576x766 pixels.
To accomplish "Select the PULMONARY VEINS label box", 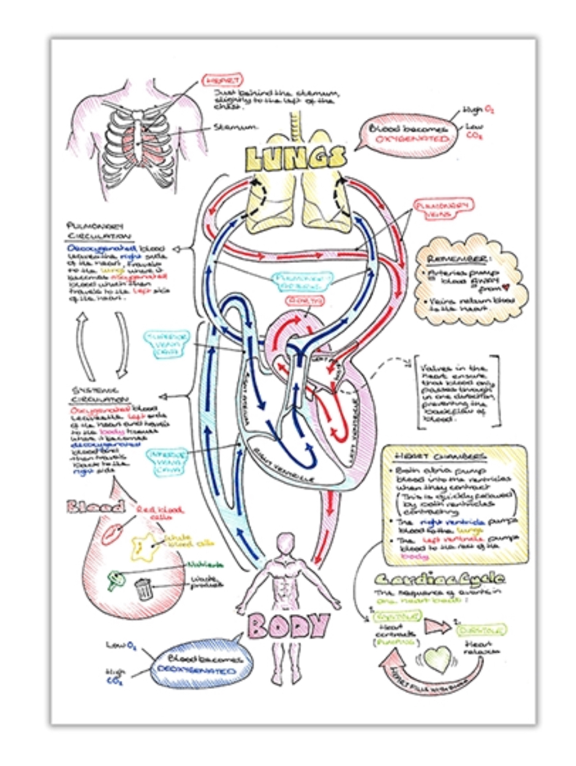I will tap(436, 208).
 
